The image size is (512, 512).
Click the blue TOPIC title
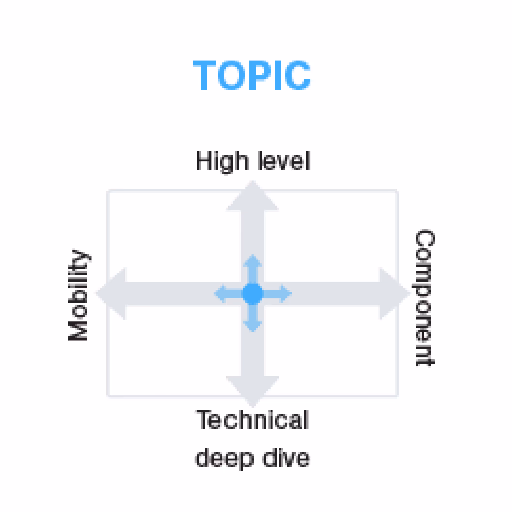[x=251, y=75]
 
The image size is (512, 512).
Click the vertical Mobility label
[x=78, y=295]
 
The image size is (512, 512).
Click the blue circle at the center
[x=252, y=293]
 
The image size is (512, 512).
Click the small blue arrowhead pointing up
[x=252, y=261]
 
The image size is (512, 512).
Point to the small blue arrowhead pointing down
[x=252, y=325]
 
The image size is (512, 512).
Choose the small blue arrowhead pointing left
[x=220, y=293]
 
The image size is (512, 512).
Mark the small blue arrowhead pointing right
[x=285, y=293]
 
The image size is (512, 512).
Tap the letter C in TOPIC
[x=298, y=75]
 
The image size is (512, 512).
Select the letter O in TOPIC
[x=231, y=75]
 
